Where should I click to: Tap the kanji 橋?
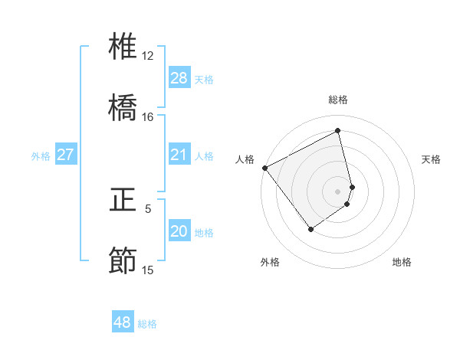(123, 107)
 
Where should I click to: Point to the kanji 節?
(123, 260)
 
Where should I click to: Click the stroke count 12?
(148, 56)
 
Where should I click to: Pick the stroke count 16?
(148, 117)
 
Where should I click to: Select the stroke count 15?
(148, 270)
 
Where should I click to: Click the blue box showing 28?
(179, 78)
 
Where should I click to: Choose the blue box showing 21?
(179, 155)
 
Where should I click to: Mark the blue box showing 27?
(65, 155)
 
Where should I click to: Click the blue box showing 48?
(123, 323)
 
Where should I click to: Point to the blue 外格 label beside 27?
(41, 156)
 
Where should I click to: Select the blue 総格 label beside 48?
(147, 324)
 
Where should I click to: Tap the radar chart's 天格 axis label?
(431, 159)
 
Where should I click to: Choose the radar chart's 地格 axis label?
(402, 262)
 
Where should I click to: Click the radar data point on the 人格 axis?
(264, 168)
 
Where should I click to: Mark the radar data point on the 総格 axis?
(338, 130)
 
